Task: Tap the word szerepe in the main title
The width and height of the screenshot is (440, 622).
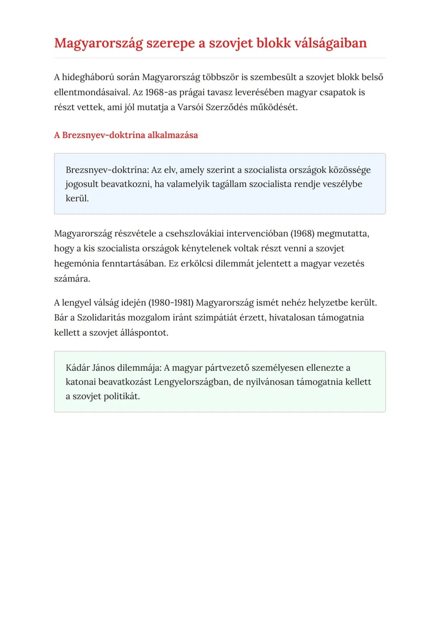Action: click(x=170, y=43)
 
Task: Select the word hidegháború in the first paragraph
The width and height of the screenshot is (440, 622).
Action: click(x=88, y=77)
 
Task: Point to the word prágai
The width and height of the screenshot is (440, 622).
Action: click(x=191, y=92)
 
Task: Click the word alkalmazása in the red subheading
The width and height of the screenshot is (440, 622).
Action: click(x=172, y=135)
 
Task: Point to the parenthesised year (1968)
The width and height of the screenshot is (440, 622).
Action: click(x=302, y=234)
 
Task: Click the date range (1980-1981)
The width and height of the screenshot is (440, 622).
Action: click(x=171, y=303)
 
